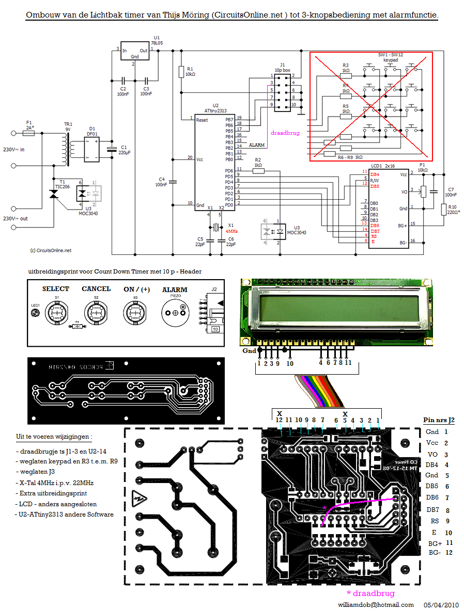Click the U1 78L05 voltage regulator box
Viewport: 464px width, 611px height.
pos(134,51)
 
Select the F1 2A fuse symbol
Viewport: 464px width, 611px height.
pos(29,133)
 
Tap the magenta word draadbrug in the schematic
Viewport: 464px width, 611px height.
pos(285,133)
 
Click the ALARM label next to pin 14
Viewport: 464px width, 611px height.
pos(257,146)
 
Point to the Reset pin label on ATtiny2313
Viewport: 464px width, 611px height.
pos(202,120)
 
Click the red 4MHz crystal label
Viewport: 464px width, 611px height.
pos(233,232)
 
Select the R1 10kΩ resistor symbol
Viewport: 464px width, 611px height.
pos(181,72)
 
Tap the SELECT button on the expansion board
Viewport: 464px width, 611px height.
pos(55,313)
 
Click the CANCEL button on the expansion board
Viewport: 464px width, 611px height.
pos(96,313)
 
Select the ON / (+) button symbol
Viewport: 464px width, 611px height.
pos(135,313)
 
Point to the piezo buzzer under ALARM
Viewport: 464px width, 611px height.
pos(175,313)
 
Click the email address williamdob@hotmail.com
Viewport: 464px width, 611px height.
pos(376,604)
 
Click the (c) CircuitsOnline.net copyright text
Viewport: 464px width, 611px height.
pos(51,250)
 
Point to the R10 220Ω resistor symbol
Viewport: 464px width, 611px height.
pos(444,209)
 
